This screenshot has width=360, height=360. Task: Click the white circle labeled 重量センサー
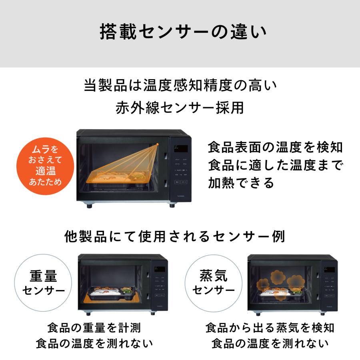[44, 282]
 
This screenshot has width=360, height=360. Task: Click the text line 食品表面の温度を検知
[276, 147]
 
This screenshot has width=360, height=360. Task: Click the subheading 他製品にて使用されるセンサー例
[175, 236]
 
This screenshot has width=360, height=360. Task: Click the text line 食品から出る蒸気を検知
[270, 328]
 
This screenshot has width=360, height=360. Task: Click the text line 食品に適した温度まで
[276, 165]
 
